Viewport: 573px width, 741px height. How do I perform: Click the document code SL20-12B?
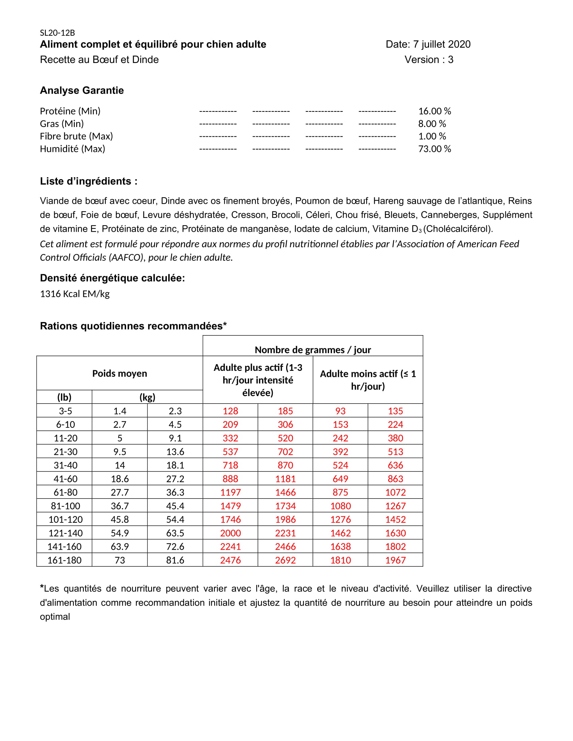point(57,33)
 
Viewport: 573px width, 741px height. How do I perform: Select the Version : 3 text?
point(429,60)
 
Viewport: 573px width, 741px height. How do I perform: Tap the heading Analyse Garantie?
point(82,91)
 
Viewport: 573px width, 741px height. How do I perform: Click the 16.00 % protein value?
point(434,111)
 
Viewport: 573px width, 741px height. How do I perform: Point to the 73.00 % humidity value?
point(434,149)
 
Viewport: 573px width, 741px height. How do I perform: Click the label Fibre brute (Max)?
point(77,136)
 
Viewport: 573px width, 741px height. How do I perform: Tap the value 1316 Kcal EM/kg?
point(75,294)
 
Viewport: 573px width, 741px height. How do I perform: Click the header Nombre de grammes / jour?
point(313,350)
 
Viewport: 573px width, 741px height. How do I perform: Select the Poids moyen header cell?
point(120,374)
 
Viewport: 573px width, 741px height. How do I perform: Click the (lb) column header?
point(64,397)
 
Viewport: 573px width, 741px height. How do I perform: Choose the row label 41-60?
point(65,479)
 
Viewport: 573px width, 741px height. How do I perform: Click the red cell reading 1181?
point(285,479)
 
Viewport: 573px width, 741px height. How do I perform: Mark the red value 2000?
point(230,533)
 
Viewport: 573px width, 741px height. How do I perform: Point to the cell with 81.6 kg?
point(175,560)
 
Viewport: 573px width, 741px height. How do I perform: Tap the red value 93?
point(340,411)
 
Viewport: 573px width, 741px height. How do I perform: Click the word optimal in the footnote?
point(55,616)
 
